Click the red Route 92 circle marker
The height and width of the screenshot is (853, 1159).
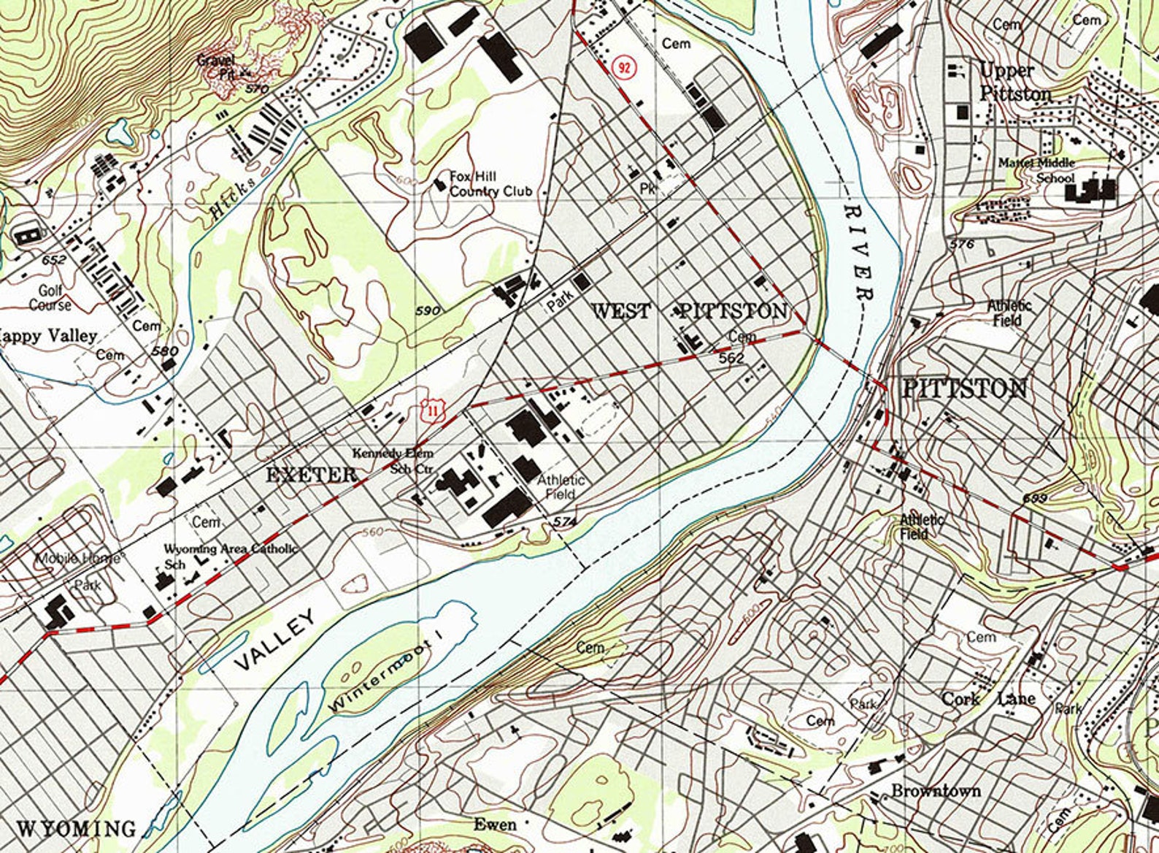tap(624, 67)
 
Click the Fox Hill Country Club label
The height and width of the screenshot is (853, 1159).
tap(490, 184)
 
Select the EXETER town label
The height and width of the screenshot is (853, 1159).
tap(312, 475)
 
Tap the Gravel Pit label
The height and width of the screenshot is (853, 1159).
tap(216, 66)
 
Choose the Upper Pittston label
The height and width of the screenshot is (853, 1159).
tap(1015, 83)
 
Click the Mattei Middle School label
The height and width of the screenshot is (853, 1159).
tap(1037, 170)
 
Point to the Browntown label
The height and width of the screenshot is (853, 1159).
tap(936, 791)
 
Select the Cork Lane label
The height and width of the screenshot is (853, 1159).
tap(988, 699)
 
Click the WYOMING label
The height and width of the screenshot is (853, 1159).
tap(76, 829)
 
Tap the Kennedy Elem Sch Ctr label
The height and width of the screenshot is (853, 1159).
tap(393, 461)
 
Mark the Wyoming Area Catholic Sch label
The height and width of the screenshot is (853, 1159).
tap(230, 555)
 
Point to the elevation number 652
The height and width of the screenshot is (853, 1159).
tap(54, 260)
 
